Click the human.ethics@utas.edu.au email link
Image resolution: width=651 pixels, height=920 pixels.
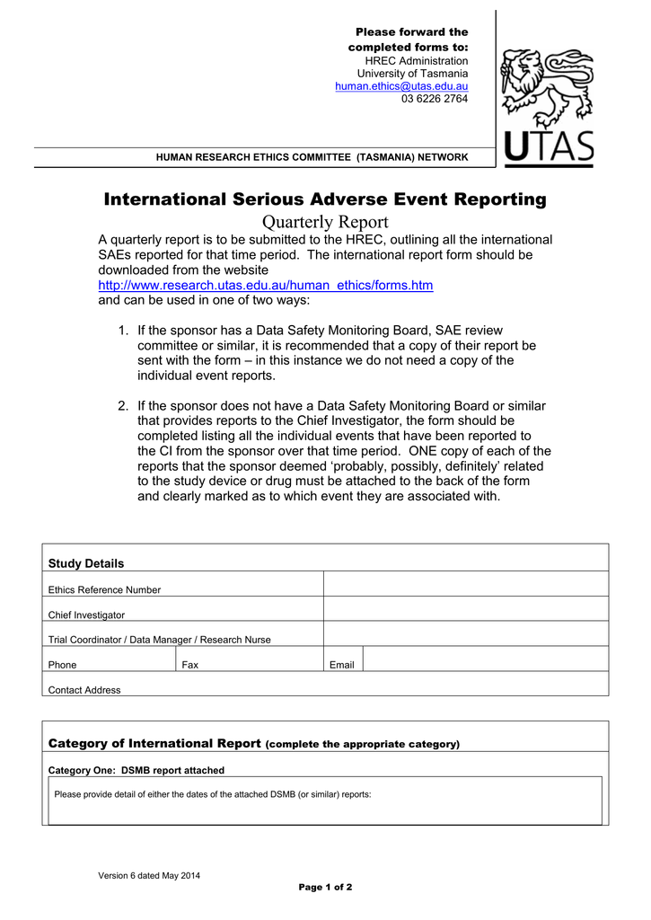pos(401,86)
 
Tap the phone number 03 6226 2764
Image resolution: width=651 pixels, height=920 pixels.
pos(435,99)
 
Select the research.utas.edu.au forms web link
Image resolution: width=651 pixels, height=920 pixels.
pos(265,286)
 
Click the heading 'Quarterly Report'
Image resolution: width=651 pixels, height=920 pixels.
pos(325,222)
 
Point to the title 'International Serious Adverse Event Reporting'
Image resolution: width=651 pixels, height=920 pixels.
pos(325,199)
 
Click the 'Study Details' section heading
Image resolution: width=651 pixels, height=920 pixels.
pos(85,563)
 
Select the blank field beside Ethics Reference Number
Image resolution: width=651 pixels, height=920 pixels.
pos(465,584)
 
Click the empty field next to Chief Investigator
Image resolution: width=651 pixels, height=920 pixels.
pos(465,609)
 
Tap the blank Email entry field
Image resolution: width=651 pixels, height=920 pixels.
pos(485,659)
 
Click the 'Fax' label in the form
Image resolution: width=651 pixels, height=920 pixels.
pos(190,665)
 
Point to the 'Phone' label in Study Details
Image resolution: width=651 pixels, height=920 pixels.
pos(62,665)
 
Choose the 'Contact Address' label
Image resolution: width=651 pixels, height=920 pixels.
pos(84,690)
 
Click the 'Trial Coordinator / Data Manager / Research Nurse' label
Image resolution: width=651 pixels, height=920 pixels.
pos(159,640)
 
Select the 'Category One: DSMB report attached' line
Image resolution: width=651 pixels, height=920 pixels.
pos(136,770)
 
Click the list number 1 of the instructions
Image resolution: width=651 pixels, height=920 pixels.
pos(123,331)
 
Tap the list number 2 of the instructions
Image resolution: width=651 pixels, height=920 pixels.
pos(123,406)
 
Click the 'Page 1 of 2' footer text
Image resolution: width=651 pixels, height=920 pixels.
pos(325,888)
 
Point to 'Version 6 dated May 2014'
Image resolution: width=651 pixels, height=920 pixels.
pos(149,876)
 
